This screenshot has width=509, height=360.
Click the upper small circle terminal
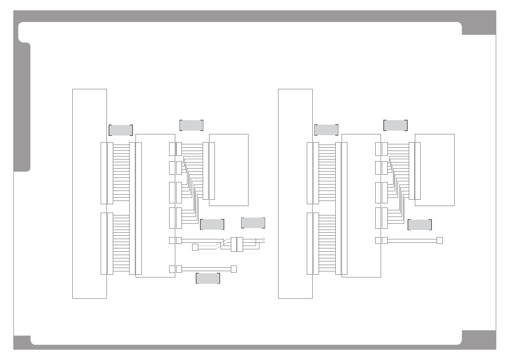point(264,239)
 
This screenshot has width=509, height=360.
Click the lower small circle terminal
point(264,242)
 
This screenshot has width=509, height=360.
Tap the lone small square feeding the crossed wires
point(195,247)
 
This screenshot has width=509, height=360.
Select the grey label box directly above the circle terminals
point(253,223)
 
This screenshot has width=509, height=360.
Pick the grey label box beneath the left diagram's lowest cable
point(208,278)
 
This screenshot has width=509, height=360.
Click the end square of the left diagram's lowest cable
point(234,269)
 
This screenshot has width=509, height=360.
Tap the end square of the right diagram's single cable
point(440,241)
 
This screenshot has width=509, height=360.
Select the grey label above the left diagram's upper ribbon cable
point(121,130)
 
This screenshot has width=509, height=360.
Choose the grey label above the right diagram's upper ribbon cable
point(326,130)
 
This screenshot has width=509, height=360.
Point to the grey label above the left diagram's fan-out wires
point(191,125)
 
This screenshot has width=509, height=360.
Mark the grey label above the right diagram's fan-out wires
point(396,125)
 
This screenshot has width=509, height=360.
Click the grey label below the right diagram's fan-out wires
point(420,225)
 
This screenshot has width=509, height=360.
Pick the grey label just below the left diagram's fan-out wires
point(212,224)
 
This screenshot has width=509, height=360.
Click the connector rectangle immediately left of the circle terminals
point(240,244)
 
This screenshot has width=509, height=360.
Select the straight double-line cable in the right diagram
point(412,241)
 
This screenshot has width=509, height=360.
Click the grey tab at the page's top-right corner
point(479,22)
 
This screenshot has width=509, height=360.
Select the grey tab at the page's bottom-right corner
point(479,339)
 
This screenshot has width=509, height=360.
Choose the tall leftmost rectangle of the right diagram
point(295,194)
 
